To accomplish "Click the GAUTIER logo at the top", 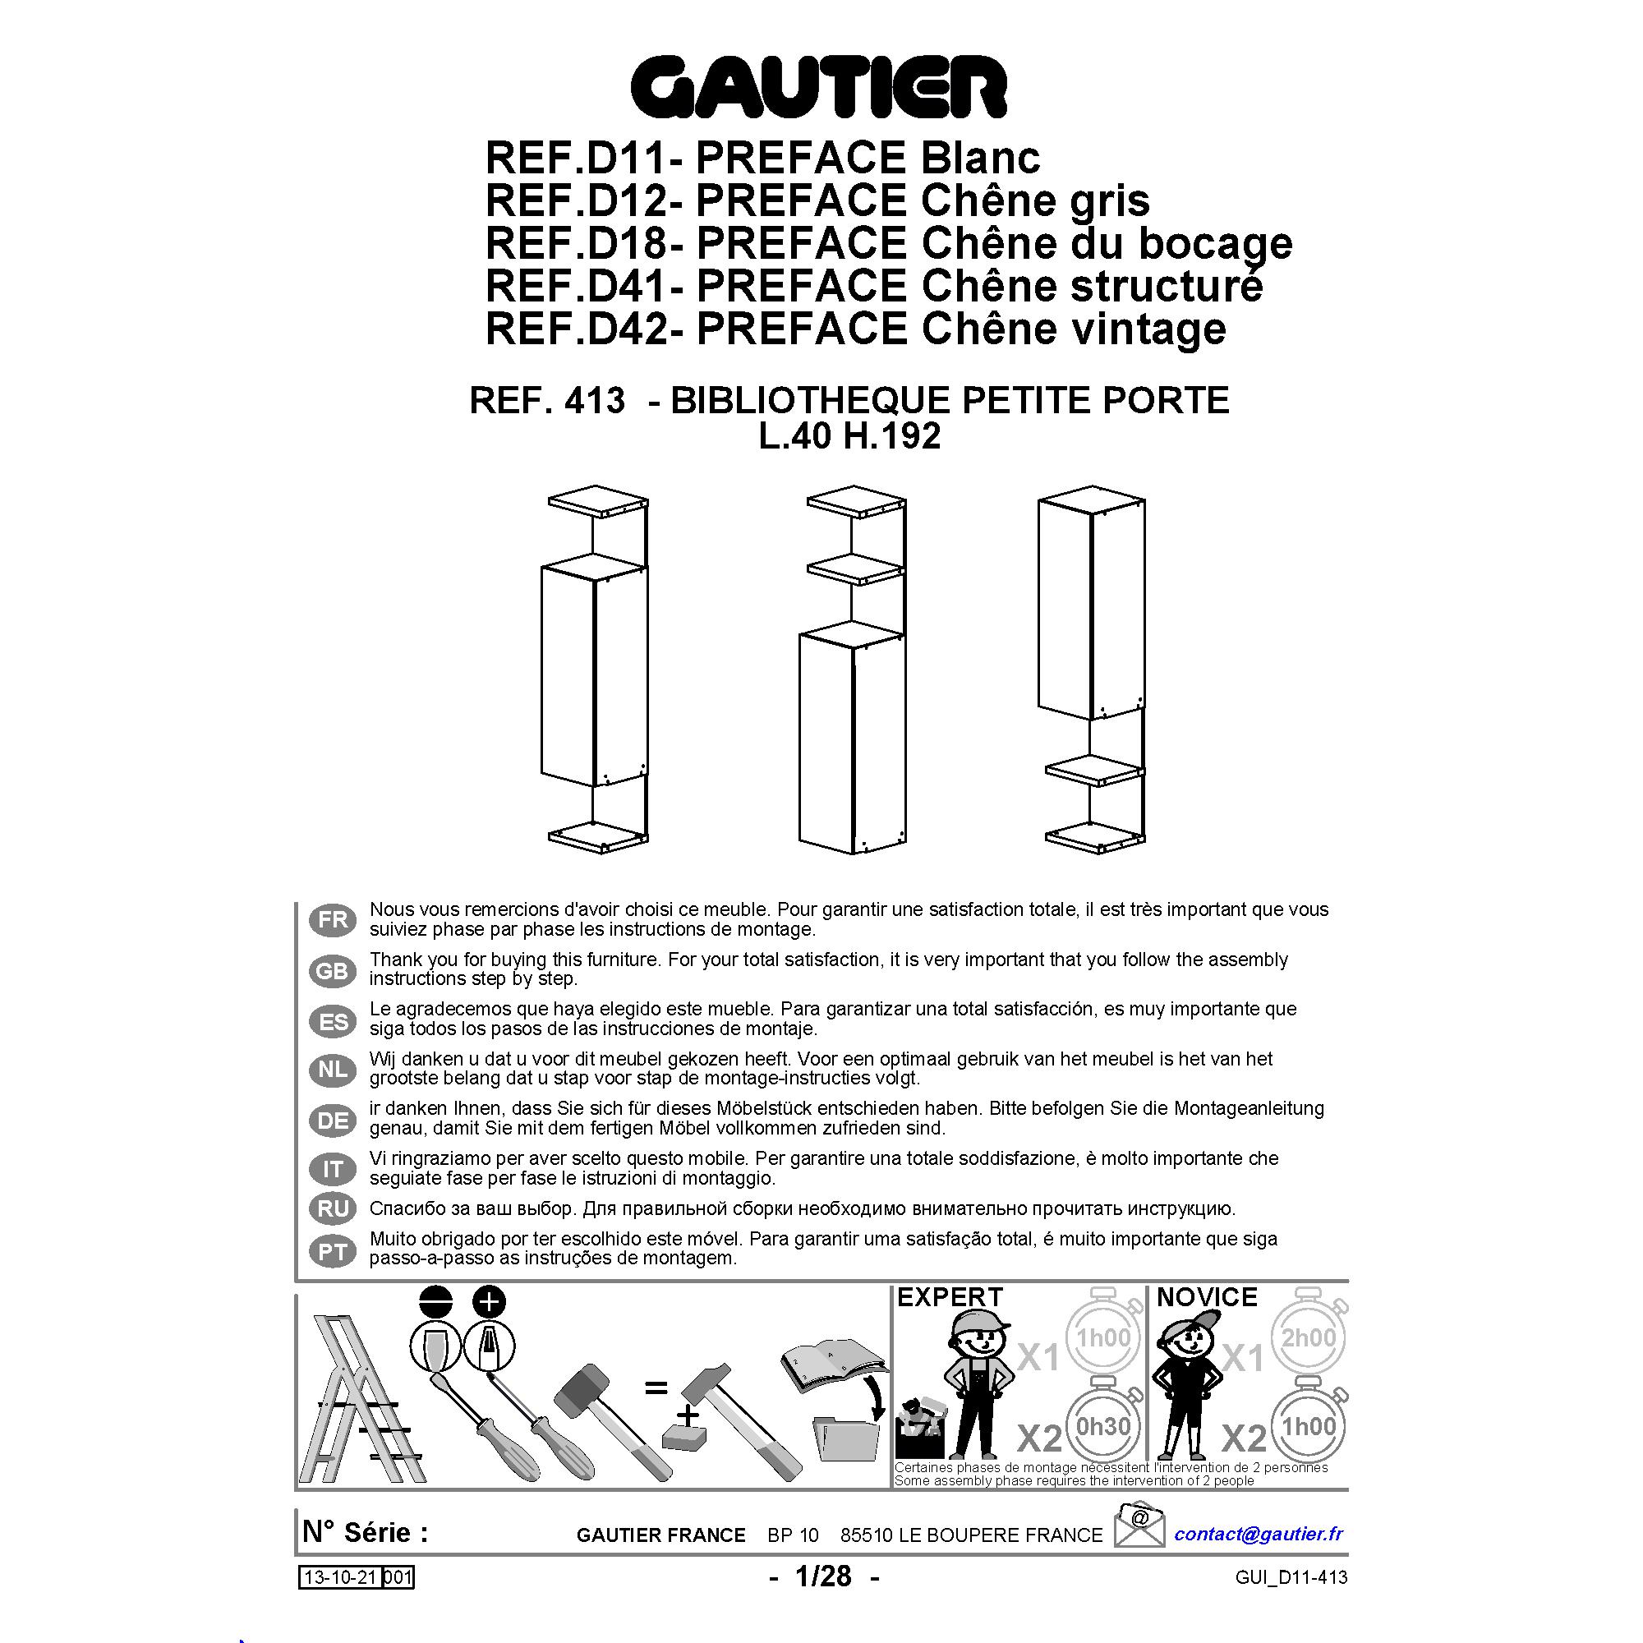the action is (819, 87).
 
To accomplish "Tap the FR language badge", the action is (333, 920).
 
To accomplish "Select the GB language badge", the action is (333, 970).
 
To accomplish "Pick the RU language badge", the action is (333, 1208).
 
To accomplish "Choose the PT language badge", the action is (333, 1252).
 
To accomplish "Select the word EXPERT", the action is (950, 1298).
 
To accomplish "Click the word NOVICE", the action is (1206, 1298).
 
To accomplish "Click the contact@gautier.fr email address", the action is (1258, 1533).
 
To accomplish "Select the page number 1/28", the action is (823, 1576).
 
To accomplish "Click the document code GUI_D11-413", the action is (1291, 1577).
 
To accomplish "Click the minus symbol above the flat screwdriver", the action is (436, 1301).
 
